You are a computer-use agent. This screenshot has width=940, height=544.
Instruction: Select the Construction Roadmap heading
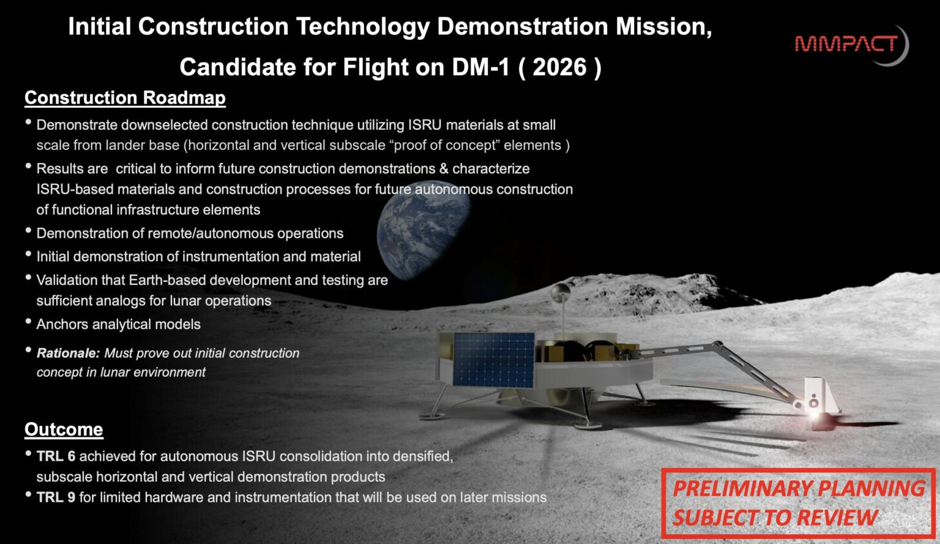[x=125, y=98]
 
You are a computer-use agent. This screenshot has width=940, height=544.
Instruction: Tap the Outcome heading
[x=64, y=429]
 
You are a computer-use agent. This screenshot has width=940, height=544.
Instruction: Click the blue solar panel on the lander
[x=493, y=360]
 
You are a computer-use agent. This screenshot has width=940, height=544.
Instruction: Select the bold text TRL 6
[x=56, y=456]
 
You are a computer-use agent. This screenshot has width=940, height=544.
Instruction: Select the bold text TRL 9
[x=56, y=497]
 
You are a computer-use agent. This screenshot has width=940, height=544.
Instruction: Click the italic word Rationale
[x=67, y=353]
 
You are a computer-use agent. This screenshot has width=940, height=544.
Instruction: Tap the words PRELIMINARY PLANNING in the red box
[x=799, y=489]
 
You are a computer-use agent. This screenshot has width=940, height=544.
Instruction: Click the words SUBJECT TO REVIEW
[x=775, y=518]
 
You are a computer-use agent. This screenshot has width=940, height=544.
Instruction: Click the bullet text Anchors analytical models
[x=118, y=324]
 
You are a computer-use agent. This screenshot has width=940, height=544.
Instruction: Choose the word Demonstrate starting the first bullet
[x=76, y=125]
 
